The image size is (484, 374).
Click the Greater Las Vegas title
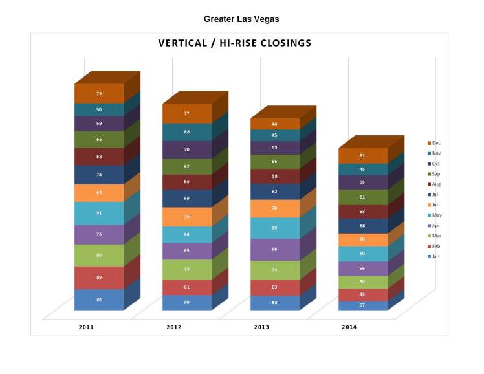[241, 19]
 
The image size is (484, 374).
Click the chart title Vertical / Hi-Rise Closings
[235, 43]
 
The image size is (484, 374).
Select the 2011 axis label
[86, 327]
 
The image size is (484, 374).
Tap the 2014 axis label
[349, 327]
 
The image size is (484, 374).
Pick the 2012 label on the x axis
[174, 327]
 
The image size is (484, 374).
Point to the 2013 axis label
[261, 327]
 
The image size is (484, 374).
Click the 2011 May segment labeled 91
[99, 214]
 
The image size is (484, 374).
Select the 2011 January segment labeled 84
[99, 299]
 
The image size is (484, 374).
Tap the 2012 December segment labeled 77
[186, 113]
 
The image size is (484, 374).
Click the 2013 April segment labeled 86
[274, 249]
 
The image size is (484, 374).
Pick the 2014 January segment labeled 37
[362, 305]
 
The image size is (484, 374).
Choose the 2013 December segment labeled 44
[274, 124]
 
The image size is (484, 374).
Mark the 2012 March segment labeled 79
[186, 269]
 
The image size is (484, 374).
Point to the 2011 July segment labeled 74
[99, 175]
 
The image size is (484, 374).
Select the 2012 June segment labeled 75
[186, 217]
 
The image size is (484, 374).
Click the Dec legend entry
[434, 143]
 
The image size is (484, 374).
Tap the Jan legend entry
[434, 257]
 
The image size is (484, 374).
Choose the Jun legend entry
[434, 204]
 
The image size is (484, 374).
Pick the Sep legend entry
[434, 174]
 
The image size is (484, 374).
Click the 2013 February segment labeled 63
[274, 287]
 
